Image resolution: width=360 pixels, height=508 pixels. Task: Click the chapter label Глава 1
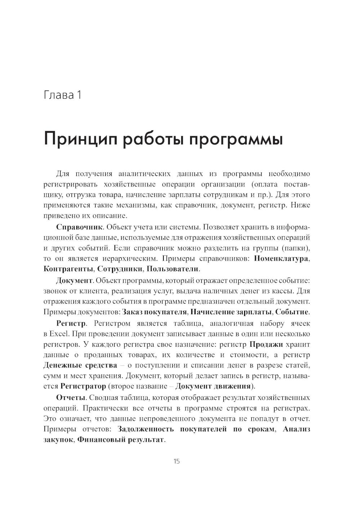click(62, 95)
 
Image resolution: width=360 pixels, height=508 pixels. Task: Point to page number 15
click(176, 462)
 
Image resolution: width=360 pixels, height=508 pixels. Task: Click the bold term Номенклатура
click(281, 259)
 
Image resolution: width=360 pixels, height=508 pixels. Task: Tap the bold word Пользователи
click(173, 269)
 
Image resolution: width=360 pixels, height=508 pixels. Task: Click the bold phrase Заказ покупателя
click(155, 312)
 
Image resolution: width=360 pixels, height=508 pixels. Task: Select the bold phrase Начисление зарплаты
click(231, 312)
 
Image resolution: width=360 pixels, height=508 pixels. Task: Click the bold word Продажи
click(266, 344)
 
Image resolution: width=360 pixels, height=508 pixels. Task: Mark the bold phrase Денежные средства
click(80, 365)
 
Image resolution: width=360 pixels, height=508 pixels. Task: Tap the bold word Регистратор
click(83, 386)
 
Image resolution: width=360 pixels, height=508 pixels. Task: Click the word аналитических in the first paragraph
click(144, 174)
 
